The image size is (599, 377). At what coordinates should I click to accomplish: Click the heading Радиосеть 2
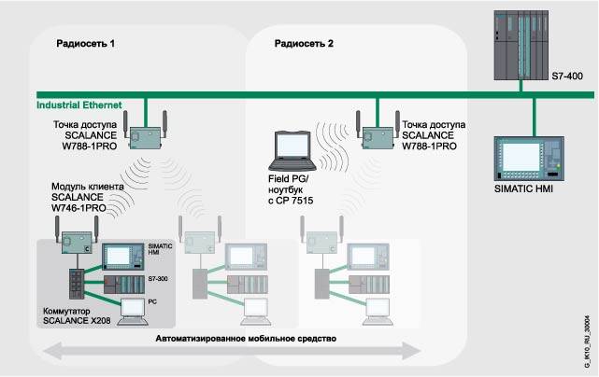pyautogui.click(x=304, y=43)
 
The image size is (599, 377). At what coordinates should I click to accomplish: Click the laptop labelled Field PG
pyautogui.click(x=288, y=132)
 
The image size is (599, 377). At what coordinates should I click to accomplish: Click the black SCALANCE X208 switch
pyautogui.click(x=74, y=284)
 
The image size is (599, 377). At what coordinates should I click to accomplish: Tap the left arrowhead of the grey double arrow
pyautogui.click(x=48, y=351)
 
